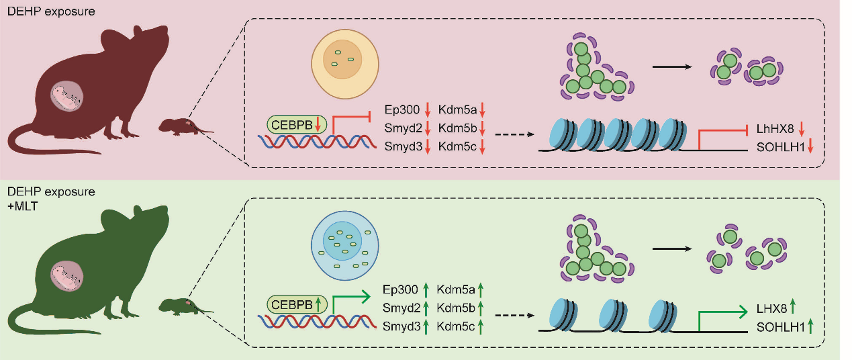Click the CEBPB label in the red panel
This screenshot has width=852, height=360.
point(292,124)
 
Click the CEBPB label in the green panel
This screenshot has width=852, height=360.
point(292,304)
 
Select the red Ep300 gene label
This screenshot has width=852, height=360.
point(400,109)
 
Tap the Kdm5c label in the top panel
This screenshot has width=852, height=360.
point(457,146)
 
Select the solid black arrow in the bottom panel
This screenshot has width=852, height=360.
point(672,249)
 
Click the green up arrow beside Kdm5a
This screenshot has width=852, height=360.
point(481,290)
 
